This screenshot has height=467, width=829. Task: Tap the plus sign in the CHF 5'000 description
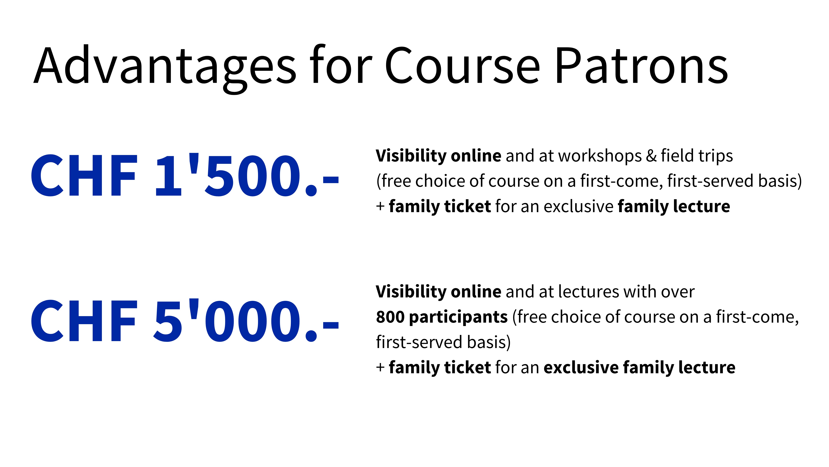[380, 367]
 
